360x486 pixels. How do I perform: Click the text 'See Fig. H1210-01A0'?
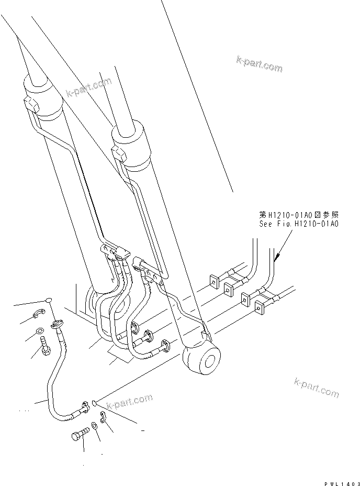pos(299,224)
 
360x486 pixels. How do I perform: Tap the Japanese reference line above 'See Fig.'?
pos(299,215)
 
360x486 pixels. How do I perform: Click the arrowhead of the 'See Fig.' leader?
pos(277,257)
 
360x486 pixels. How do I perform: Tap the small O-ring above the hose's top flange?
pos(48,300)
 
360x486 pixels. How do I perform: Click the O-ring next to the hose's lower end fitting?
pos(93,402)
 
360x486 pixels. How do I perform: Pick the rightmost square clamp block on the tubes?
pos(259,308)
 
